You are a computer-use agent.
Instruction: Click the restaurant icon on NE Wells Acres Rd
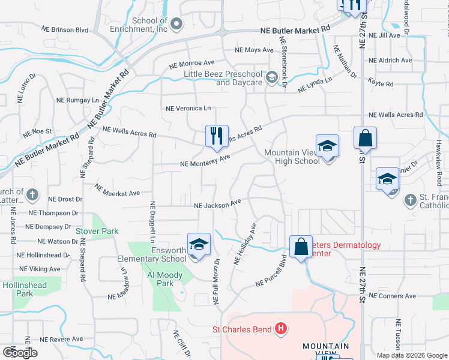[217, 136]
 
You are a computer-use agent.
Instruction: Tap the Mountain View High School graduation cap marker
[328, 146]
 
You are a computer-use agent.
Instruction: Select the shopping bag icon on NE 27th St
[365, 138]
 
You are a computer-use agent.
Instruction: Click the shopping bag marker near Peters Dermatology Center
[300, 246]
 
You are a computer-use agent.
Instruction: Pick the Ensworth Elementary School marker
[199, 244]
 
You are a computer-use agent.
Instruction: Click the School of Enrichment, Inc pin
[176, 25]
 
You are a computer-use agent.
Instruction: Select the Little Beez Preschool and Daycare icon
[271, 77]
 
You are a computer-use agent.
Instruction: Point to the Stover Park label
[97, 231]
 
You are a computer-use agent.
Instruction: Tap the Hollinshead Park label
[25, 289]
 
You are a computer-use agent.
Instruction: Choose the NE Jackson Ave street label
[217, 205]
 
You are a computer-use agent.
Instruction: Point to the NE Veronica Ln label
[188, 109]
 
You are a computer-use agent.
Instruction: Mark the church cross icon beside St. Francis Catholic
[411, 200]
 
